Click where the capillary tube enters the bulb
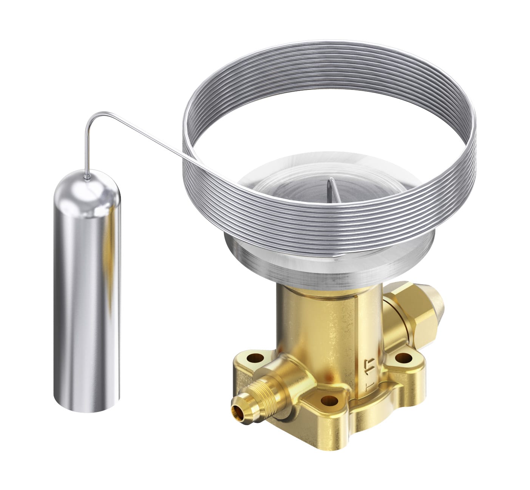(x=88, y=177)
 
